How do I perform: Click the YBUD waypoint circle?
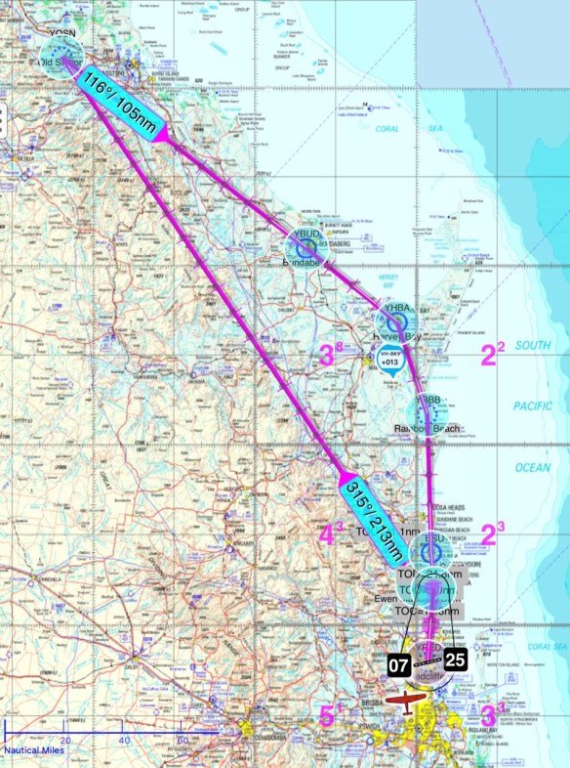[x=305, y=246]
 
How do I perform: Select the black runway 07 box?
[x=397, y=666]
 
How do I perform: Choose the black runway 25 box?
[x=457, y=660]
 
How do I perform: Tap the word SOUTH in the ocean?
[x=534, y=346]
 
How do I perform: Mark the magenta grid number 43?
[x=332, y=534]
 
